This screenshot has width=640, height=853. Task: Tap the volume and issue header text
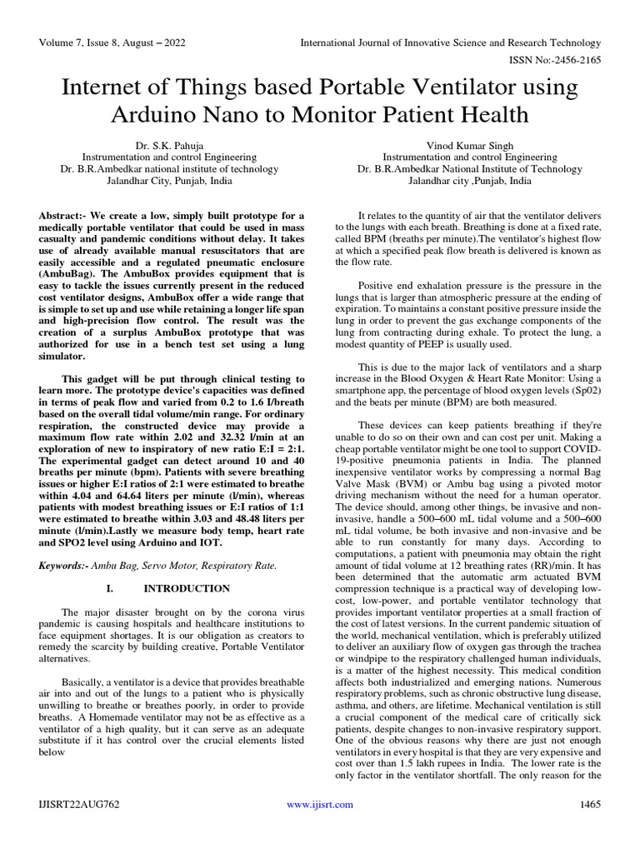point(110,42)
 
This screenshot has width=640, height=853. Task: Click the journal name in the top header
point(450,42)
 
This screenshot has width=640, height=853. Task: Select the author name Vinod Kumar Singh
point(470,143)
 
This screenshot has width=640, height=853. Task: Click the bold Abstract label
point(65,216)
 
